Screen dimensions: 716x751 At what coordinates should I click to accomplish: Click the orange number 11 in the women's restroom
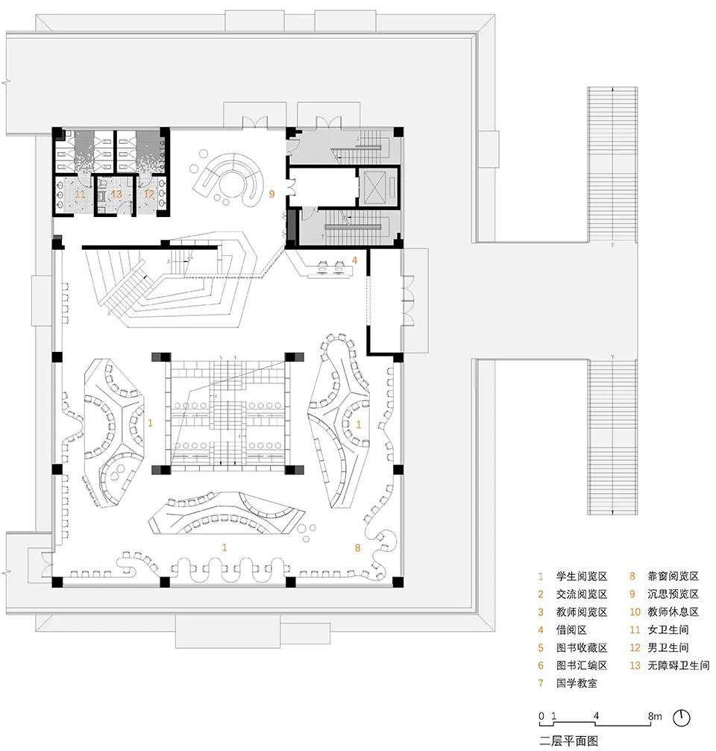pos(80,194)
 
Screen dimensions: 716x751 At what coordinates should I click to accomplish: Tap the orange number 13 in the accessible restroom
pos(116,194)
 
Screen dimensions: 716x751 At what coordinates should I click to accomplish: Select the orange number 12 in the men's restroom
pos(149,193)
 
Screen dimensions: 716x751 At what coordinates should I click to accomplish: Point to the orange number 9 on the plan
pos(271,194)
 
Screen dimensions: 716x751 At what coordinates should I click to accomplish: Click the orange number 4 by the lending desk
pos(354,260)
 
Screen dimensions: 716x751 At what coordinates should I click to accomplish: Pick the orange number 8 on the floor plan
pos(357,547)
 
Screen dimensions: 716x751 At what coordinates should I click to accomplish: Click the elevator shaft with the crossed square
pos(378,186)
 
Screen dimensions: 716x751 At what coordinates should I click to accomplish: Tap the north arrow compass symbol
pos(682,717)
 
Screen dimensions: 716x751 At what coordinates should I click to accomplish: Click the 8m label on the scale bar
pos(655,716)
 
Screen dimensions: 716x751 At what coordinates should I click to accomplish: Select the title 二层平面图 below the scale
pos(568,741)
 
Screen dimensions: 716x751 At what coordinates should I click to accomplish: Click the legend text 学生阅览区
pos(582,576)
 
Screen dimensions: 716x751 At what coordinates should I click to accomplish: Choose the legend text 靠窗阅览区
pos(673,576)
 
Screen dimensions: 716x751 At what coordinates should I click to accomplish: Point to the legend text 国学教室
pos(577,683)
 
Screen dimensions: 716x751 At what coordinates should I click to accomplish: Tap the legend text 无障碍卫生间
pos(678,665)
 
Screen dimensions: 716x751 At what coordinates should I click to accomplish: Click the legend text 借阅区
pos(571,630)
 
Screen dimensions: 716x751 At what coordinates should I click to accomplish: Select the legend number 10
pos(635,612)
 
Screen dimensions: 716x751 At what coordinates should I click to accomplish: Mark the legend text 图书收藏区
pos(582,647)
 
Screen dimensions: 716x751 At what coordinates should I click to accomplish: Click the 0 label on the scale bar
pos(541,716)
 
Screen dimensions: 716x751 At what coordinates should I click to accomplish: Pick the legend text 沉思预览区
pos(673,594)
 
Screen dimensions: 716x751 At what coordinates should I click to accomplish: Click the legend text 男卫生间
pos(668,647)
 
